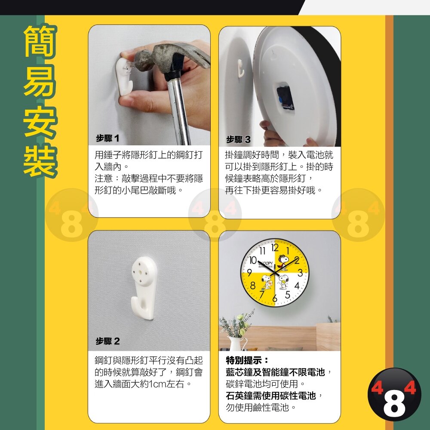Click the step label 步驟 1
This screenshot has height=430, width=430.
pyautogui.click(x=107, y=138)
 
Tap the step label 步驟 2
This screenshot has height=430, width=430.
pyautogui.click(x=108, y=341)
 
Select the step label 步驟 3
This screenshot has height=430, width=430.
pyautogui.click(x=238, y=139)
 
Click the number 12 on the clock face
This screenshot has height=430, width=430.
pyautogui.click(x=275, y=248)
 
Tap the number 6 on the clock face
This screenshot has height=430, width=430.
pyautogui.click(x=275, y=298)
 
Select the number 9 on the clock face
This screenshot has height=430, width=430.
pyautogui.click(x=249, y=273)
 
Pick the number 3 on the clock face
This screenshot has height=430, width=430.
pyautogui.click(x=300, y=273)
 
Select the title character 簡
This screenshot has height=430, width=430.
pyautogui.click(x=40, y=41)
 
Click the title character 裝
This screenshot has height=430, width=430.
pyautogui.click(x=40, y=160)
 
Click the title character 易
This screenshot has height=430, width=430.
pyautogui.click(x=40, y=81)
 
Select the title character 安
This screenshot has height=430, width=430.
pyautogui.click(x=40, y=121)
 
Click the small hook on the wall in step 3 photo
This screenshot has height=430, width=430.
pyautogui.click(x=240, y=68)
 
